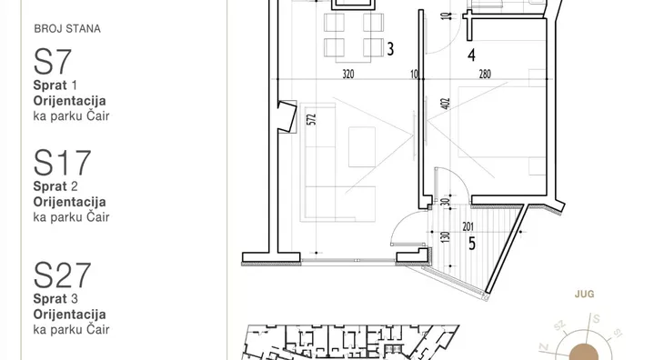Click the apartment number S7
click(x=53, y=62)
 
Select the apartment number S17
click(x=62, y=163)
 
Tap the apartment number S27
click(x=62, y=275)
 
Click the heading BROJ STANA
click(x=67, y=29)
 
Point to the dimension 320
click(x=348, y=75)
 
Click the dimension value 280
click(x=485, y=75)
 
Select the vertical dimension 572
click(x=312, y=119)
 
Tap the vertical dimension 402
click(x=446, y=104)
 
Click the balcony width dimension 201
click(x=468, y=226)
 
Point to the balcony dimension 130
click(x=445, y=237)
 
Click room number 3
click(x=390, y=49)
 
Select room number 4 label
click(x=471, y=55)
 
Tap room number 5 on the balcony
click(x=472, y=244)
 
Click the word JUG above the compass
click(x=584, y=294)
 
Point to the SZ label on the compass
click(x=559, y=325)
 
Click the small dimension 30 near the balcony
click(x=445, y=202)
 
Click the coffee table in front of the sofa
click(x=362, y=146)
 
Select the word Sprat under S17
click(x=50, y=186)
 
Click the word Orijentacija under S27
click(x=69, y=315)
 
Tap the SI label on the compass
click(x=618, y=334)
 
